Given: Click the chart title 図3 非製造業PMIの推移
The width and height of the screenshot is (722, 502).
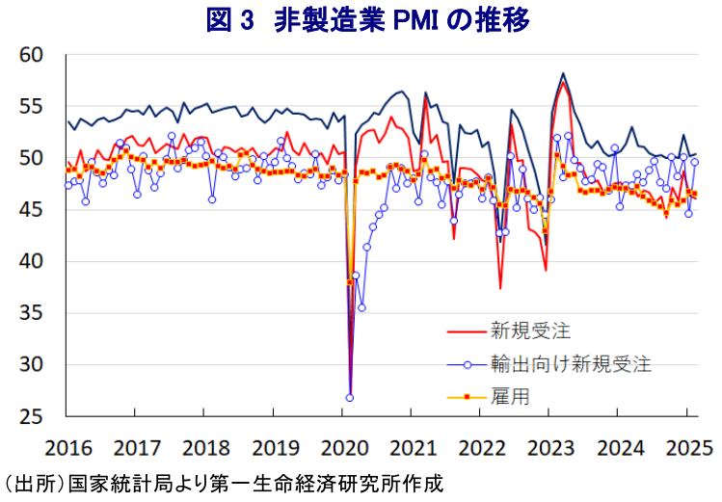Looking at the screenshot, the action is (x=367, y=20).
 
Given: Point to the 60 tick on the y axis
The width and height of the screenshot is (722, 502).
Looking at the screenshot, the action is (x=31, y=55).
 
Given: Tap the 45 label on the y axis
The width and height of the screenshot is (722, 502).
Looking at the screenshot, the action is (x=31, y=210).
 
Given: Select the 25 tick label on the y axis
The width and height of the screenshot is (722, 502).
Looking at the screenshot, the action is (x=31, y=417).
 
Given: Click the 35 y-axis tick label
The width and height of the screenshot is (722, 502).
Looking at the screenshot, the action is (x=31, y=313).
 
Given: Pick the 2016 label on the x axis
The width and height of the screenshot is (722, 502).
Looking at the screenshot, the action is (x=68, y=448).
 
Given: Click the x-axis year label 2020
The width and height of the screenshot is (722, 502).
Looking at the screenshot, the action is (x=344, y=448).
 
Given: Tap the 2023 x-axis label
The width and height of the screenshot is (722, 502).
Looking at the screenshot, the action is (x=550, y=448).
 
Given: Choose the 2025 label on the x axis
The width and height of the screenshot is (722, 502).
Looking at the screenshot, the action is (x=689, y=448).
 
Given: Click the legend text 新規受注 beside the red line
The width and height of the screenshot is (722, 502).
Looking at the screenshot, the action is (x=530, y=330).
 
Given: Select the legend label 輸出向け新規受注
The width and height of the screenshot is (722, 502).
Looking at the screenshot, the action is (x=571, y=364).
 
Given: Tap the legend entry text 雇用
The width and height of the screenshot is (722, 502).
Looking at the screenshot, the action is (x=510, y=397).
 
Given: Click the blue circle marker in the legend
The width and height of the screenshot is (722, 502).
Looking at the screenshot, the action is (x=468, y=365).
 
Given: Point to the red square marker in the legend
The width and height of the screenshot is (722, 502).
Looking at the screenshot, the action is (x=467, y=397).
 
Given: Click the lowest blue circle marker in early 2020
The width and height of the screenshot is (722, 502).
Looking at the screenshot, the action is (x=350, y=398).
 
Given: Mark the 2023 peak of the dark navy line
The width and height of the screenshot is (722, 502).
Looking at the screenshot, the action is (x=563, y=73).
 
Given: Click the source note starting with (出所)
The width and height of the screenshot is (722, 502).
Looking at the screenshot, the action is (x=223, y=485).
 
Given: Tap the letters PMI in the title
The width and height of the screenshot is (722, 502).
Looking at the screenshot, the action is (x=414, y=21).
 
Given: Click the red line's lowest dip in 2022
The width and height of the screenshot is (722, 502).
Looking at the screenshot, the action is (x=500, y=288).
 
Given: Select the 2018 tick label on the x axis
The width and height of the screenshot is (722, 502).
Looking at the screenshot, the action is (x=206, y=448).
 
